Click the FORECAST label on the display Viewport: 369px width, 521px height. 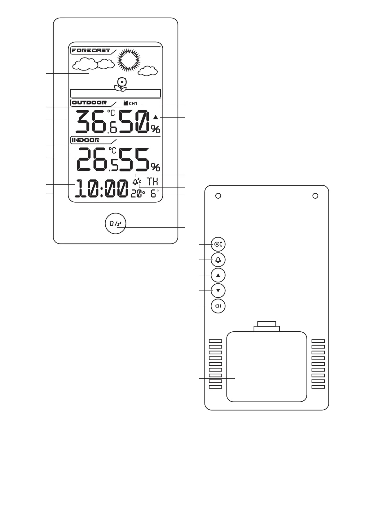pos(90,50)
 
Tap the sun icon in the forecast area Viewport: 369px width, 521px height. pos(129,60)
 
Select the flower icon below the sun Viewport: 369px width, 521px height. pos(121,84)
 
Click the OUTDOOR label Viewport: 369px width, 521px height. pos(89,103)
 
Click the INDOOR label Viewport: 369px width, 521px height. pos(86,140)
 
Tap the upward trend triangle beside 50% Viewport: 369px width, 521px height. pos(156,117)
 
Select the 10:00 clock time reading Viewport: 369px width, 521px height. pos(102,189)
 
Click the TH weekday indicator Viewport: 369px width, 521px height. pos(152,181)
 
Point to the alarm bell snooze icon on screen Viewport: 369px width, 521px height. pos(137,181)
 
